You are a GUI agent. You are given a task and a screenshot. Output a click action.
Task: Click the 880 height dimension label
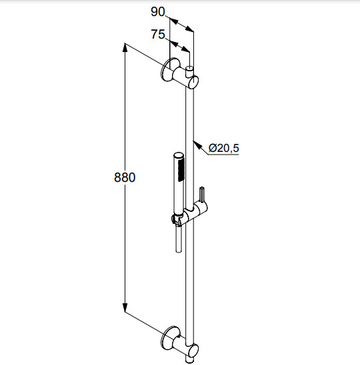(x=125, y=178)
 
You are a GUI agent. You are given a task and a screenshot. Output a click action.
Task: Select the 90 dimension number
(x=158, y=12)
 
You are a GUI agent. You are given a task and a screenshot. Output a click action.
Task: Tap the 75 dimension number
(x=158, y=35)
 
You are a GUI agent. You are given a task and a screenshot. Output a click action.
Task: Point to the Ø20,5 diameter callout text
(x=224, y=148)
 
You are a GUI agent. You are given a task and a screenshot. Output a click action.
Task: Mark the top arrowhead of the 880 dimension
(x=125, y=47)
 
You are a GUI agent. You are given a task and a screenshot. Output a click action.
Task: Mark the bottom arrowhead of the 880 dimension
(x=125, y=307)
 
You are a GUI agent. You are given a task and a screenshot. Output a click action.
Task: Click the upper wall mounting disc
(x=167, y=70)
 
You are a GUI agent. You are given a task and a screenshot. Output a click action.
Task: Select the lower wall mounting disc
(x=167, y=338)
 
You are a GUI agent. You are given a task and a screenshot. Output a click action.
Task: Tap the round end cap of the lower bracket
(x=193, y=350)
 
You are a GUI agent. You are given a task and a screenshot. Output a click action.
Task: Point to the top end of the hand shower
(x=179, y=156)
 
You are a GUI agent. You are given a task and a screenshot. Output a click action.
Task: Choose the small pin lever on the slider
(x=202, y=194)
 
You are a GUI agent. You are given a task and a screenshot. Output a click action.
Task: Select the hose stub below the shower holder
(x=179, y=239)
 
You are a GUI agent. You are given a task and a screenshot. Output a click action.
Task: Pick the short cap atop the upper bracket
(x=190, y=71)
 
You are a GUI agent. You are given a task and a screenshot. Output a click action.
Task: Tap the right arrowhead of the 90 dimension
(x=189, y=29)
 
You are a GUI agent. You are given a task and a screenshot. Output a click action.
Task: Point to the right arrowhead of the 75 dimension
(x=186, y=49)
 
